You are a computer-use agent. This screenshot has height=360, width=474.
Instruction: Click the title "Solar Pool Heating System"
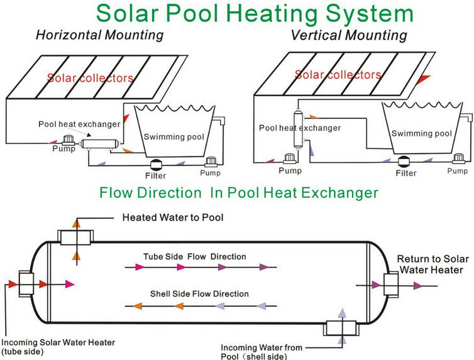255,13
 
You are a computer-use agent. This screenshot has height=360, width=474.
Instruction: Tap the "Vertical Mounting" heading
348,35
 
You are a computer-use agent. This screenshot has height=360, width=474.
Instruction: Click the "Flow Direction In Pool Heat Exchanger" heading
238,192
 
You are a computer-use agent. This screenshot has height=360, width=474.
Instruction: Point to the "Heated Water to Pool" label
173,218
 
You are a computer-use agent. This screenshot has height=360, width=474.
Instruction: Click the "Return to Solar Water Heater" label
430,265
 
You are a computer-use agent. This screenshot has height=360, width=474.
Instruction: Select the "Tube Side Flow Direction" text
194,256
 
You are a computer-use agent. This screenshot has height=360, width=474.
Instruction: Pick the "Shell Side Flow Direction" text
199,293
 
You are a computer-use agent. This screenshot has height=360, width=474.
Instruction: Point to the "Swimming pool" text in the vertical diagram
421,133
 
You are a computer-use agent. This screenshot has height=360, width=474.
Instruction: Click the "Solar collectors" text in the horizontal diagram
91,78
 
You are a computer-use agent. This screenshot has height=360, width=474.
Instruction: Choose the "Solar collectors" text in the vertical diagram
338,75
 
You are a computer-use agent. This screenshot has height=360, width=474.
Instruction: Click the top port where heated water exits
75,237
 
